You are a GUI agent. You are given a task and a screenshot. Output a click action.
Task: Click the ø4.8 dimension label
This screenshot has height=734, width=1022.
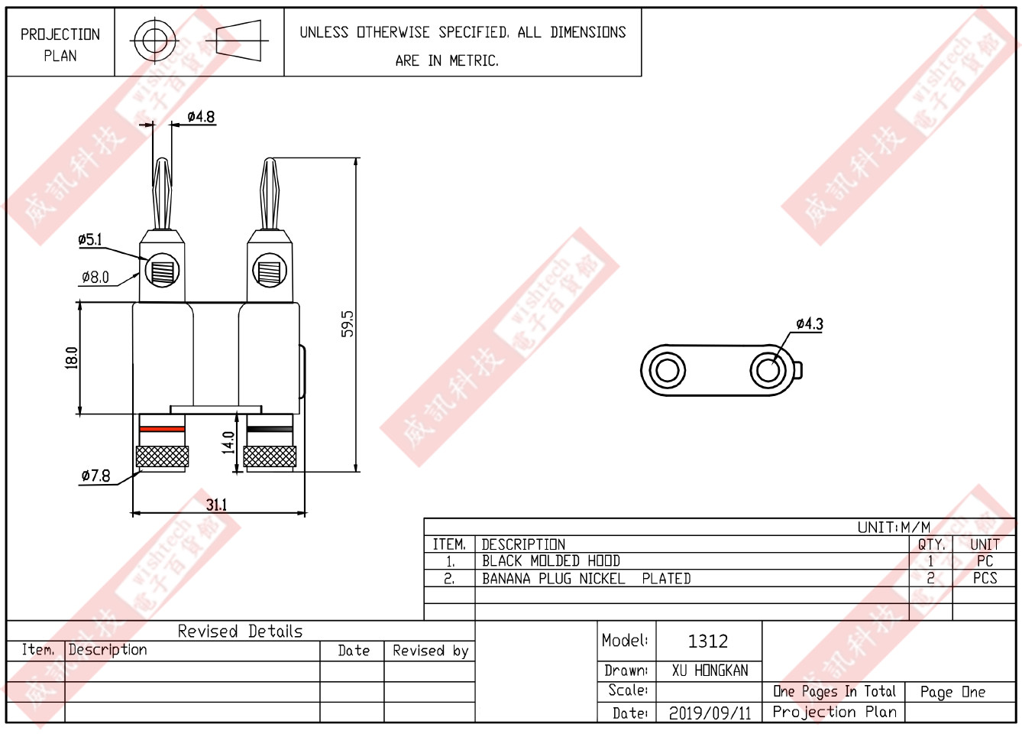pyautogui.click(x=202, y=117)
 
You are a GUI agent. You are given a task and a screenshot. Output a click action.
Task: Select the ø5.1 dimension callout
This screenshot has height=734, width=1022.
pyautogui.click(x=90, y=239)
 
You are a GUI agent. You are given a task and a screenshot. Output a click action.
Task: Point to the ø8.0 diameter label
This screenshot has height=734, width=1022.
pyautogui.click(x=95, y=278)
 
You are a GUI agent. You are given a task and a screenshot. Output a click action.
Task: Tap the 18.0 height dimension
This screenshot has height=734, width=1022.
pyautogui.click(x=72, y=358)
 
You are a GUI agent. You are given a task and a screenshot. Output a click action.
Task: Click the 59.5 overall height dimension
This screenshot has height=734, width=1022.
pyautogui.click(x=348, y=323)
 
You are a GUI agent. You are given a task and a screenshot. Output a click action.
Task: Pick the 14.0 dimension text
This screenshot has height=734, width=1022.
pyautogui.click(x=228, y=443)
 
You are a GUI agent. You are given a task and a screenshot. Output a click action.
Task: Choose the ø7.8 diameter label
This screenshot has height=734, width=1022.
pyautogui.click(x=96, y=476)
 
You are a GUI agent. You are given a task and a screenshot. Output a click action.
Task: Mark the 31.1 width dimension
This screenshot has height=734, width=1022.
pyautogui.click(x=217, y=505)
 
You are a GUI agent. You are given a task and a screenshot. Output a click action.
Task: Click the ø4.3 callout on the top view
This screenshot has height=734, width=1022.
pyautogui.click(x=810, y=324)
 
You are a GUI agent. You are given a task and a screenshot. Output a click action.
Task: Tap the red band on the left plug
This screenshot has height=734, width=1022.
pyautogui.click(x=162, y=429)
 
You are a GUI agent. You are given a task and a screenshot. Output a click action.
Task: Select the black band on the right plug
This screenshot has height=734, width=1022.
pyautogui.click(x=270, y=429)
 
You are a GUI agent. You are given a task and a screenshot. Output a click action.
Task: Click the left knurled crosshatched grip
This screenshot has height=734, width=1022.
pyautogui.click(x=162, y=456)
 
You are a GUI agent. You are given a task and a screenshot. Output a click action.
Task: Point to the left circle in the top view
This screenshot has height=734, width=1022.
pyautogui.click(x=667, y=371)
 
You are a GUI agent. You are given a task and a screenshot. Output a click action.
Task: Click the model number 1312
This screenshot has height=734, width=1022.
pyautogui.click(x=708, y=641)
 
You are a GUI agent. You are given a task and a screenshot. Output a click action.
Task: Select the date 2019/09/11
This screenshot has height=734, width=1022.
pyautogui.click(x=710, y=713)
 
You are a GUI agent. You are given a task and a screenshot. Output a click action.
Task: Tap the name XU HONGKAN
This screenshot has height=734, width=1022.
pyautogui.click(x=710, y=671)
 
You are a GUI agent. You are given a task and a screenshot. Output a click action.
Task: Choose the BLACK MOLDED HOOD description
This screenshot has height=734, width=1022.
pyautogui.click(x=551, y=561)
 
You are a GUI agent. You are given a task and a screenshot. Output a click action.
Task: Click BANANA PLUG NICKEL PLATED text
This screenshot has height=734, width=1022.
pyautogui.click(x=586, y=579)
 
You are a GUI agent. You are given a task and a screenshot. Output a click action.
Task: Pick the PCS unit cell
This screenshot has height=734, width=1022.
pyautogui.click(x=985, y=579)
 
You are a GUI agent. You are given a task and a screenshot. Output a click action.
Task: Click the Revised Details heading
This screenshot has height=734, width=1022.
pyautogui.click(x=240, y=632)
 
